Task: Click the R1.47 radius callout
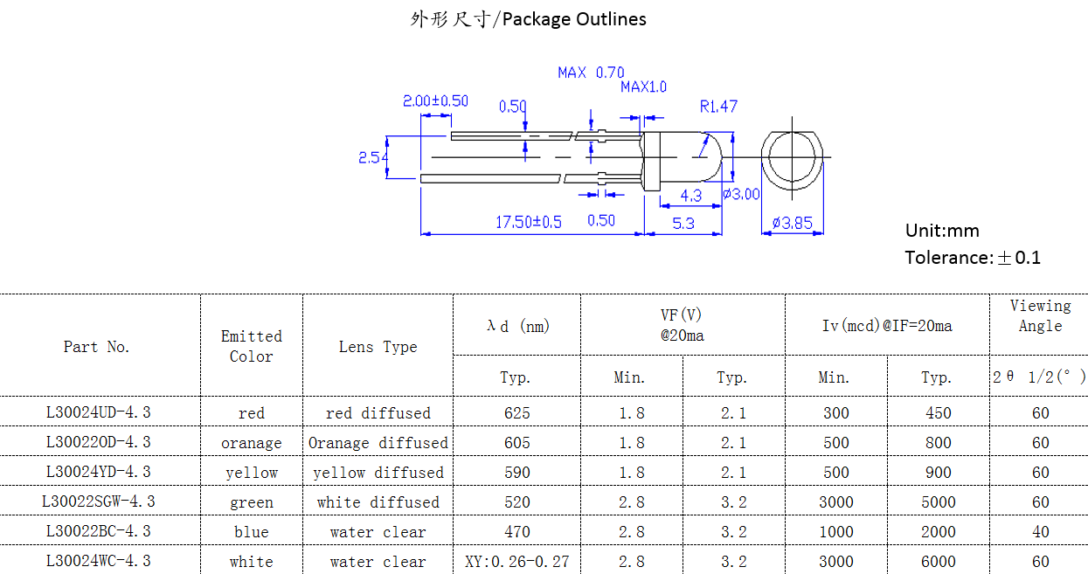click(x=718, y=107)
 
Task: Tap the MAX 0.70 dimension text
click(x=591, y=73)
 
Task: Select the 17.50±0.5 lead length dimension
click(x=529, y=222)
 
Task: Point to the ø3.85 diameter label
click(x=792, y=224)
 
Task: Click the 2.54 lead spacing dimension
click(x=373, y=157)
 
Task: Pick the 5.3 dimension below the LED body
click(x=683, y=224)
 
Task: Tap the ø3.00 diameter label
click(x=741, y=194)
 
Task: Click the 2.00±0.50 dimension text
click(x=435, y=101)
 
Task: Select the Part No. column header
click(x=96, y=347)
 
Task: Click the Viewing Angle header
click(x=1040, y=316)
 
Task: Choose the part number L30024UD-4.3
click(x=98, y=412)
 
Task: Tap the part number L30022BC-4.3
click(x=98, y=531)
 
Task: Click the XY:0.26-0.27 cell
click(x=516, y=561)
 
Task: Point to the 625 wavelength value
click(x=516, y=412)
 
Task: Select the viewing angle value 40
click(x=1040, y=531)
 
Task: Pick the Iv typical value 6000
click(x=938, y=561)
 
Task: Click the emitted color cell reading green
click(x=252, y=502)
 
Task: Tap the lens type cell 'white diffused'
click(x=378, y=502)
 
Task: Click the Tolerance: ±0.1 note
click(x=973, y=257)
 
